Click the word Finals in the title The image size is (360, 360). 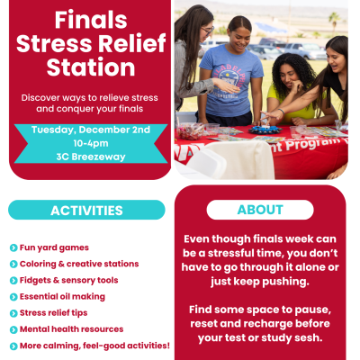pyautogui.click(x=90, y=19)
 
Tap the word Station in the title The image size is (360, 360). pyautogui.click(x=90, y=67)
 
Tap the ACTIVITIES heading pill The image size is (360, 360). pyautogui.click(x=86, y=211)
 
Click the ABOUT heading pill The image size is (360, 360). pyautogui.click(x=260, y=211)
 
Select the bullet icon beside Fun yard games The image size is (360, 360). pyautogui.click(x=13, y=247)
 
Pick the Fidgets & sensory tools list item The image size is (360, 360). pyautogui.click(x=68, y=280)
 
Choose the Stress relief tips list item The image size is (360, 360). pyautogui.click(x=59, y=312)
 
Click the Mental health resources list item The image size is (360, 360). pyautogui.click(x=72, y=328)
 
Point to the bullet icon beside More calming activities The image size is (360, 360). pyautogui.click(x=13, y=345)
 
